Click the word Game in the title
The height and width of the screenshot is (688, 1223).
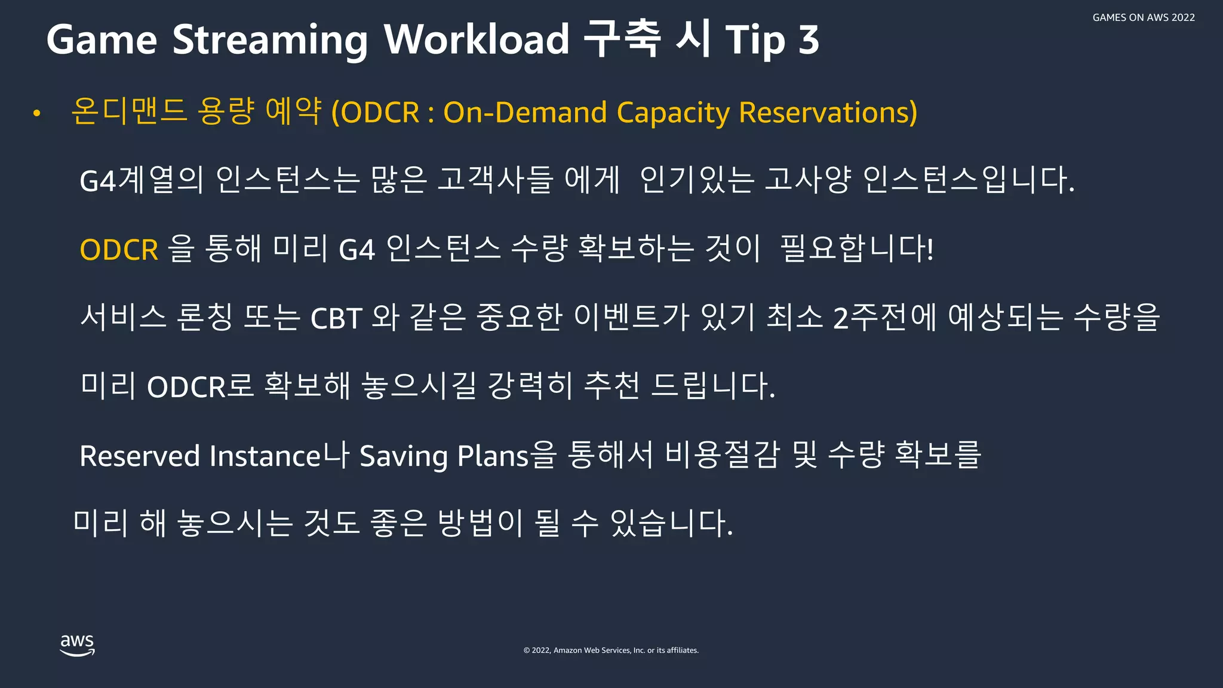click(x=102, y=40)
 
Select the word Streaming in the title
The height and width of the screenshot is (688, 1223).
click(x=270, y=40)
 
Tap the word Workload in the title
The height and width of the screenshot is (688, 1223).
click(x=476, y=40)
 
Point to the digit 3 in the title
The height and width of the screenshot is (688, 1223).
click(x=809, y=40)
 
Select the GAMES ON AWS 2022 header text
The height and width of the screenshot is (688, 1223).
click(x=1143, y=18)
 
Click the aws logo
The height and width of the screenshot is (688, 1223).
click(x=77, y=645)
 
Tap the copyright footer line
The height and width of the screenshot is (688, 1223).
click(x=611, y=650)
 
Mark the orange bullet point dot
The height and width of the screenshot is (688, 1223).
click(x=37, y=113)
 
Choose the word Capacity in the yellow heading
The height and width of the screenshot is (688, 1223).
click(x=672, y=112)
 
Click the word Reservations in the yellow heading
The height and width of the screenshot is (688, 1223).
click(x=828, y=112)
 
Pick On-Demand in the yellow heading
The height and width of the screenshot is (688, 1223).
click(x=525, y=112)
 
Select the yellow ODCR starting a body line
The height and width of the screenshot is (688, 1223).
click(x=119, y=250)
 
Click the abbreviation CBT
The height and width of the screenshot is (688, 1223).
click(x=336, y=318)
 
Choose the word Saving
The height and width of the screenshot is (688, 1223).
click(x=403, y=456)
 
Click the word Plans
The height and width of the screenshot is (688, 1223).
click(x=493, y=456)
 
